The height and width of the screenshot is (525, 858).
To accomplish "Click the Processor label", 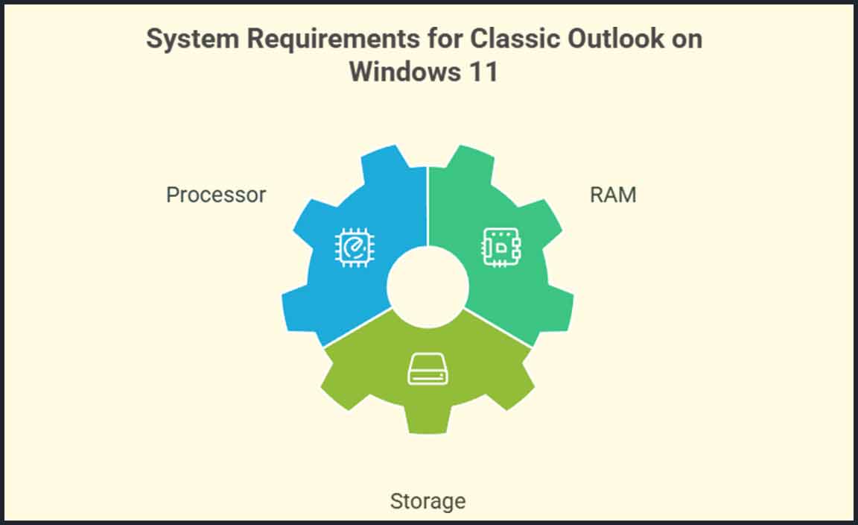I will click(216, 195).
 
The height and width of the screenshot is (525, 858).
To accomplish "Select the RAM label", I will click(613, 195).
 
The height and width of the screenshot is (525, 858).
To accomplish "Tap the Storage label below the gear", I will click(428, 501).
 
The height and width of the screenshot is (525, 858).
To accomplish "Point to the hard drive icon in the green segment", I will click(428, 370).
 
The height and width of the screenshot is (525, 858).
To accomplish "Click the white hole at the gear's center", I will click(428, 286).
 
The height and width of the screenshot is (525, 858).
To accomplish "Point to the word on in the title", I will click(685, 40).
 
